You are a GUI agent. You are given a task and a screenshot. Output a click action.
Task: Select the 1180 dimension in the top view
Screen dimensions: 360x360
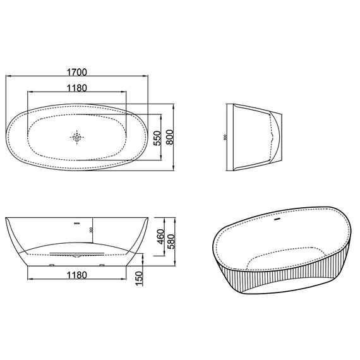[76, 87]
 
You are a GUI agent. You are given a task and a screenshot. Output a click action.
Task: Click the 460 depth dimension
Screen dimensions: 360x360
[160, 237]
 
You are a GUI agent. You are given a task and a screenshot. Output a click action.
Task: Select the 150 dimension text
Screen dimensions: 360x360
[139, 277]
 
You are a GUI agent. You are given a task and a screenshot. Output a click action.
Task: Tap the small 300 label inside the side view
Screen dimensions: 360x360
[92, 231]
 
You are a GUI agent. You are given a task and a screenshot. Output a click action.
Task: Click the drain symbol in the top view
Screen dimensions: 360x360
[77, 137]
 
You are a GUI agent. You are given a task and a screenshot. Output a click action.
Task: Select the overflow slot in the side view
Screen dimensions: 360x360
[77, 222]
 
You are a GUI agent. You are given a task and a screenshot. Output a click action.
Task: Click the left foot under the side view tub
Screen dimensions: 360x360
[51, 265]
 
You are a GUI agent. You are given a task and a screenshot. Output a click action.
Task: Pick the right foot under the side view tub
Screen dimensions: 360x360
[101, 265]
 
